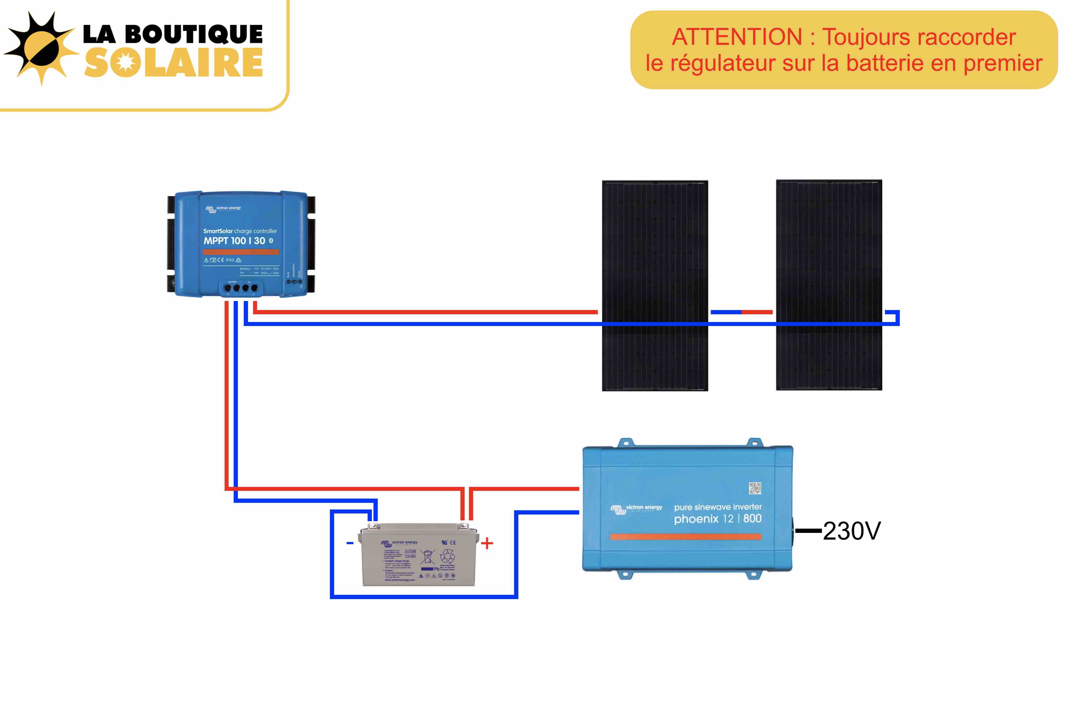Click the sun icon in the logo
(41, 48)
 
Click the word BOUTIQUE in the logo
(194, 34)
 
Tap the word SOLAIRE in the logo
(173, 63)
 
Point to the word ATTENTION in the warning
(737, 37)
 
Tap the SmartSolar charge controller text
(240, 231)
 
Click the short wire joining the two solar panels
(742, 312)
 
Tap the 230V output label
(851, 531)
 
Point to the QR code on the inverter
(755, 488)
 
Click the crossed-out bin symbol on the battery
(427, 557)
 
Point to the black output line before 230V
(808, 531)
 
